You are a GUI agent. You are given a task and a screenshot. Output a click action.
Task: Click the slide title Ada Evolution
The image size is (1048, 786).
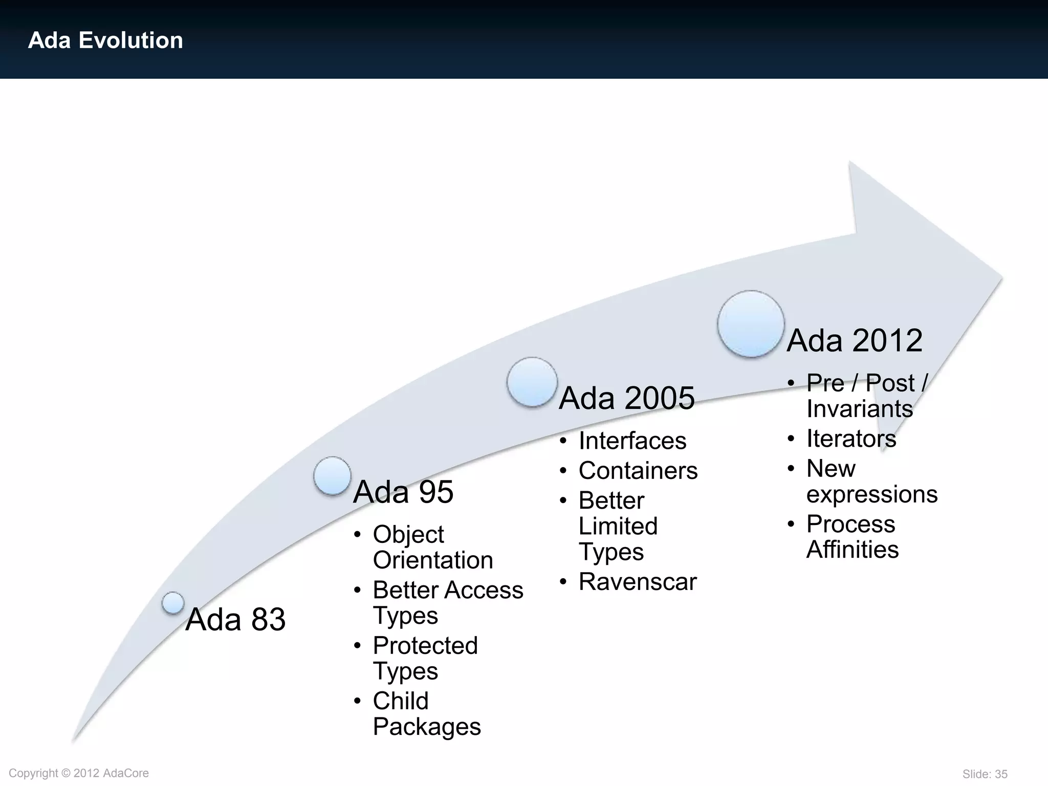click(105, 40)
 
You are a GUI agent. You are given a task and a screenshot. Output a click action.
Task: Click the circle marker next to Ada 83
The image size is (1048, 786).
click(173, 603)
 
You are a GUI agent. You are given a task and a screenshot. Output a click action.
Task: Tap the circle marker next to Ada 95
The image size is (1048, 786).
click(333, 475)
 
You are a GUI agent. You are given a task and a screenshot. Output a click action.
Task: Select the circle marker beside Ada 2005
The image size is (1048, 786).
click(532, 382)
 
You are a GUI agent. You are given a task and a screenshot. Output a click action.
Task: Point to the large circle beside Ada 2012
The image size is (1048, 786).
click(751, 323)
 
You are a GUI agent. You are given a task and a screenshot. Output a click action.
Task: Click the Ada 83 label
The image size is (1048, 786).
click(235, 619)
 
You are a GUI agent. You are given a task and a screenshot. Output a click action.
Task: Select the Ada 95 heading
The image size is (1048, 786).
click(403, 492)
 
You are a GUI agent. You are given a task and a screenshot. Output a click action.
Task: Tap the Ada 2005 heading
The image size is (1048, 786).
click(626, 398)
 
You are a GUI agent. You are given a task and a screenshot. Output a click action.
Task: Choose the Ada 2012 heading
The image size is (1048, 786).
click(854, 340)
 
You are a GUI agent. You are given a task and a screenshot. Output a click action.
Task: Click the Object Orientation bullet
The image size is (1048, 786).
click(432, 547)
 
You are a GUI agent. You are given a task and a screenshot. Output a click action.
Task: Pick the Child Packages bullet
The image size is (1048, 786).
click(426, 713)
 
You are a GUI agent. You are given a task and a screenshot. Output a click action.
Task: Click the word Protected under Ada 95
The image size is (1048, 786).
click(425, 645)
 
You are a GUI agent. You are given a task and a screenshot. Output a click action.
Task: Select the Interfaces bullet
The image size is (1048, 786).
click(632, 441)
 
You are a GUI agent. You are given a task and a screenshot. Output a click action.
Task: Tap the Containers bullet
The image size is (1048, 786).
click(638, 470)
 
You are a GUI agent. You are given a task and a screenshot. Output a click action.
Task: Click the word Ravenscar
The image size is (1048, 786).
click(638, 582)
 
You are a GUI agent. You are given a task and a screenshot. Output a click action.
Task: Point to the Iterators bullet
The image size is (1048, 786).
click(851, 439)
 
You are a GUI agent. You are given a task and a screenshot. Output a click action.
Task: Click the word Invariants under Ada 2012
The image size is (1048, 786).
click(859, 409)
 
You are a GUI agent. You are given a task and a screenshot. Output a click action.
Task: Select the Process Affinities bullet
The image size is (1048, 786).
click(851, 536)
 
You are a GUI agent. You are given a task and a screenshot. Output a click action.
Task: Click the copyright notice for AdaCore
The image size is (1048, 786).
click(79, 773)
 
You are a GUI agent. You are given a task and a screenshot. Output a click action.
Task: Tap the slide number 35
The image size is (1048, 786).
click(985, 774)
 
